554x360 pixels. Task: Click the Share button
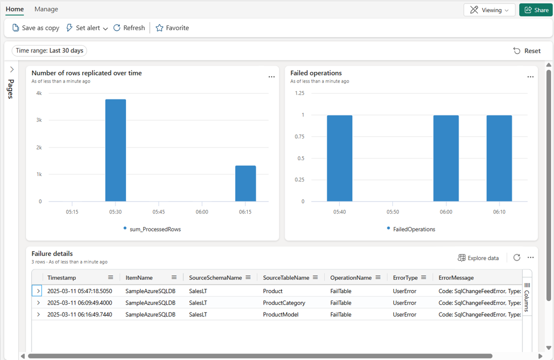(x=535, y=10)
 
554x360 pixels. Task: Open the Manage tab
(x=46, y=9)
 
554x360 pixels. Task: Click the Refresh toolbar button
(x=129, y=28)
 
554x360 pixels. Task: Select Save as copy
(x=36, y=28)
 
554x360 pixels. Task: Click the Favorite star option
(x=172, y=28)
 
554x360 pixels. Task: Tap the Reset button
(x=527, y=51)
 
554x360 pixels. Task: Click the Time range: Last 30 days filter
(x=49, y=50)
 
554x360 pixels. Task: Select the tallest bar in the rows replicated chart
(x=116, y=150)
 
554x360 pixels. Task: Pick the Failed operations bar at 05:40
(x=339, y=158)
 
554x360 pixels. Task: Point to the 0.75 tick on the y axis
(x=299, y=136)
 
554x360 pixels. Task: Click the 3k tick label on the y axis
(x=39, y=120)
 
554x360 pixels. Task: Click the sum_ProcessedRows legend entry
(x=152, y=229)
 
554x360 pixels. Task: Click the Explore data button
(x=478, y=258)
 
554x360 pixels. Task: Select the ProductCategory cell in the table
(x=284, y=303)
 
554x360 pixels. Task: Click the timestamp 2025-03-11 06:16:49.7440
(x=80, y=315)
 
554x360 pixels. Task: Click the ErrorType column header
(x=405, y=277)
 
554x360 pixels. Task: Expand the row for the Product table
(x=39, y=291)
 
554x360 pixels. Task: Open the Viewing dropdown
(x=489, y=10)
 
